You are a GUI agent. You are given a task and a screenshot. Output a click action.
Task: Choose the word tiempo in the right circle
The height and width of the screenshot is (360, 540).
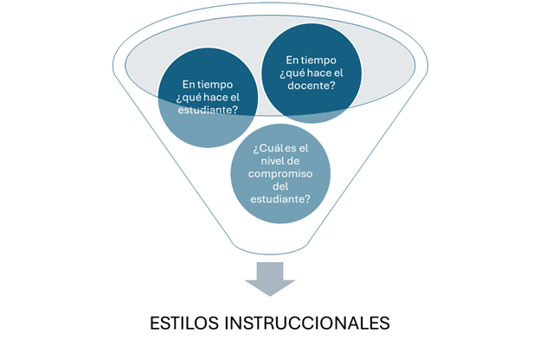point(317,60)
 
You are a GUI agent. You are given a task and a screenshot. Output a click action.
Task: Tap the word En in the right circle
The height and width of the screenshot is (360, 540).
point(293,60)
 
